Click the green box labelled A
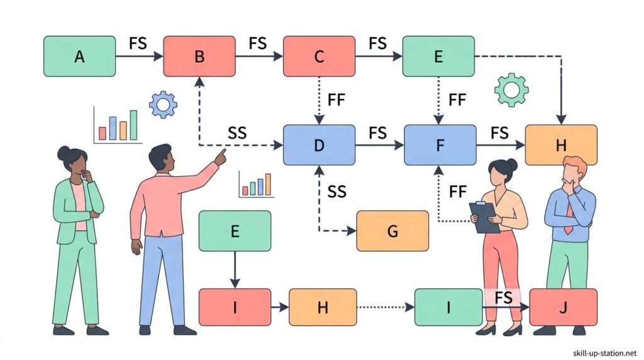pos(79,56)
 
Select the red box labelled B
pos(199,56)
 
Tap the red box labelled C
pos(319,56)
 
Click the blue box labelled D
pos(319,144)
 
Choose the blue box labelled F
pos(439,144)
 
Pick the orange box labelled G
pos(392,231)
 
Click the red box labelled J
pos(563,307)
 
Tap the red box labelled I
pos(235,307)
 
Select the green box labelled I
pos(448,307)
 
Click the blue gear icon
pos(164,104)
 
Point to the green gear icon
pos(510,90)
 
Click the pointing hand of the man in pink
pos(221,156)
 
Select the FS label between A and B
pos(139,43)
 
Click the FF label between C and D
pos(336,99)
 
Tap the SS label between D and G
pos(337,191)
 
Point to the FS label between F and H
pos(499,133)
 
